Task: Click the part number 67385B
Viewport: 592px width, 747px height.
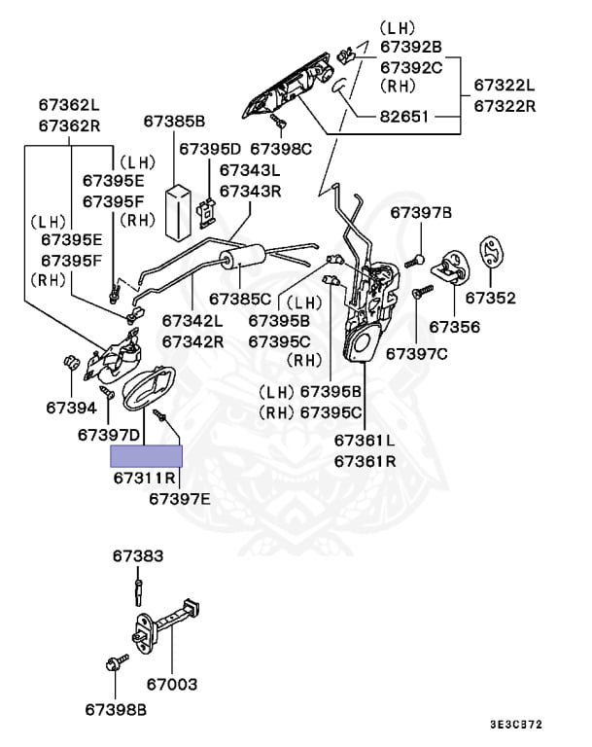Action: pos(174,123)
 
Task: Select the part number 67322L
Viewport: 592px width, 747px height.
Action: pos(505,86)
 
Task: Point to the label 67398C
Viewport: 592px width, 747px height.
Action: pos(281,149)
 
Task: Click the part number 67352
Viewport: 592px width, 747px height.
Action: pos(491,298)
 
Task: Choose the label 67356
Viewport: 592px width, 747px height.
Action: pos(454,327)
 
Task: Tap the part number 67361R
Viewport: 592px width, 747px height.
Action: pos(365,461)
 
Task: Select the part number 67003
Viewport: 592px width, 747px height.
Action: pos(171,685)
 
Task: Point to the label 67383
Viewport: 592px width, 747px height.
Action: pos(138,556)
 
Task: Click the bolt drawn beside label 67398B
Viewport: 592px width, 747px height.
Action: pos(111,665)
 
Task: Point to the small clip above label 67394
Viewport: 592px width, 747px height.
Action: pos(70,363)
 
